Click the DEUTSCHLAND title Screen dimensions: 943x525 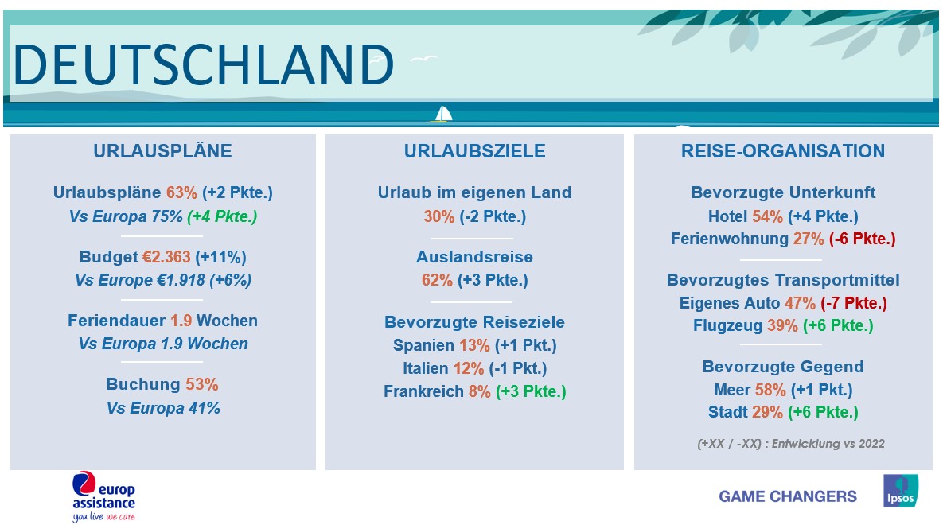(x=203, y=65)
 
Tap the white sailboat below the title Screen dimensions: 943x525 (x=442, y=115)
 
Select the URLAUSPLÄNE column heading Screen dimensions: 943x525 (x=162, y=151)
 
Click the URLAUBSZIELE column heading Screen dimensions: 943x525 (x=474, y=151)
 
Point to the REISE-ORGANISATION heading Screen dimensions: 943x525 (x=782, y=151)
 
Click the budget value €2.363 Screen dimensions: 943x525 (x=166, y=258)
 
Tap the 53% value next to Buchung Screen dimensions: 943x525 (x=202, y=384)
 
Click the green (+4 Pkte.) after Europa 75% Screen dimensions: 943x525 (x=223, y=216)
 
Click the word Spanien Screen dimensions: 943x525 (x=423, y=346)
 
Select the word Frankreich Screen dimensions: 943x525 (x=423, y=391)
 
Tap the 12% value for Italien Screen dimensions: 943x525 (x=469, y=368)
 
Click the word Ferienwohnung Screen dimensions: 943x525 (x=730, y=239)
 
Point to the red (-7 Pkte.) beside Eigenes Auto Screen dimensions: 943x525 (x=854, y=303)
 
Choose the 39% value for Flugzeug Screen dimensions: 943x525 (x=782, y=326)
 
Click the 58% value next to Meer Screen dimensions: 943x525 (x=770, y=391)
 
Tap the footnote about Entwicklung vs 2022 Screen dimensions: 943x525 (x=791, y=444)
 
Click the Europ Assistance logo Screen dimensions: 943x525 (x=104, y=496)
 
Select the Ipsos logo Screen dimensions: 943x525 (x=900, y=491)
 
